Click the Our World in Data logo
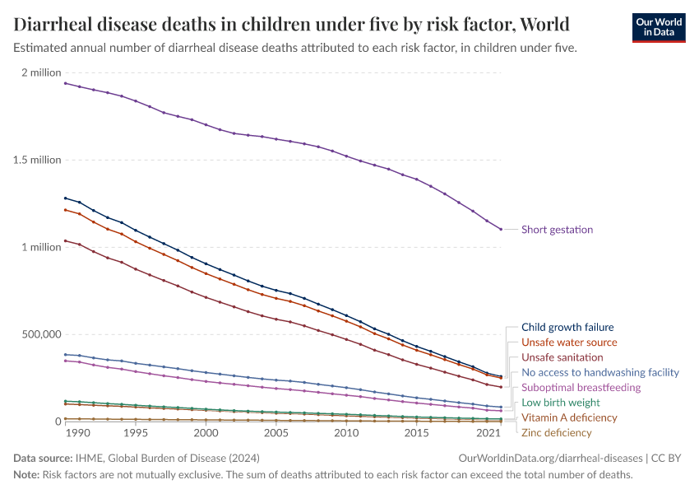(x=658, y=27)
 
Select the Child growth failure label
(x=567, y=327)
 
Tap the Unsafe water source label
(x=569, y=343)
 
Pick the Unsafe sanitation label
(x=562, y=357)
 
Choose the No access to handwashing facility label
(x=600, y=372)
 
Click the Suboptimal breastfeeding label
(x=581, y=387)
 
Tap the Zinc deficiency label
(x=556, y=432)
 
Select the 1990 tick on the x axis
(x=79, y=433)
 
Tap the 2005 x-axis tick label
(x=275, y=433)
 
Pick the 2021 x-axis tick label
(x=488, y=433)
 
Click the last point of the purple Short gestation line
(x=501, y=229)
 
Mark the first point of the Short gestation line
(x=66, y=83)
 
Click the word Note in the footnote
(x=26, y=475)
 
